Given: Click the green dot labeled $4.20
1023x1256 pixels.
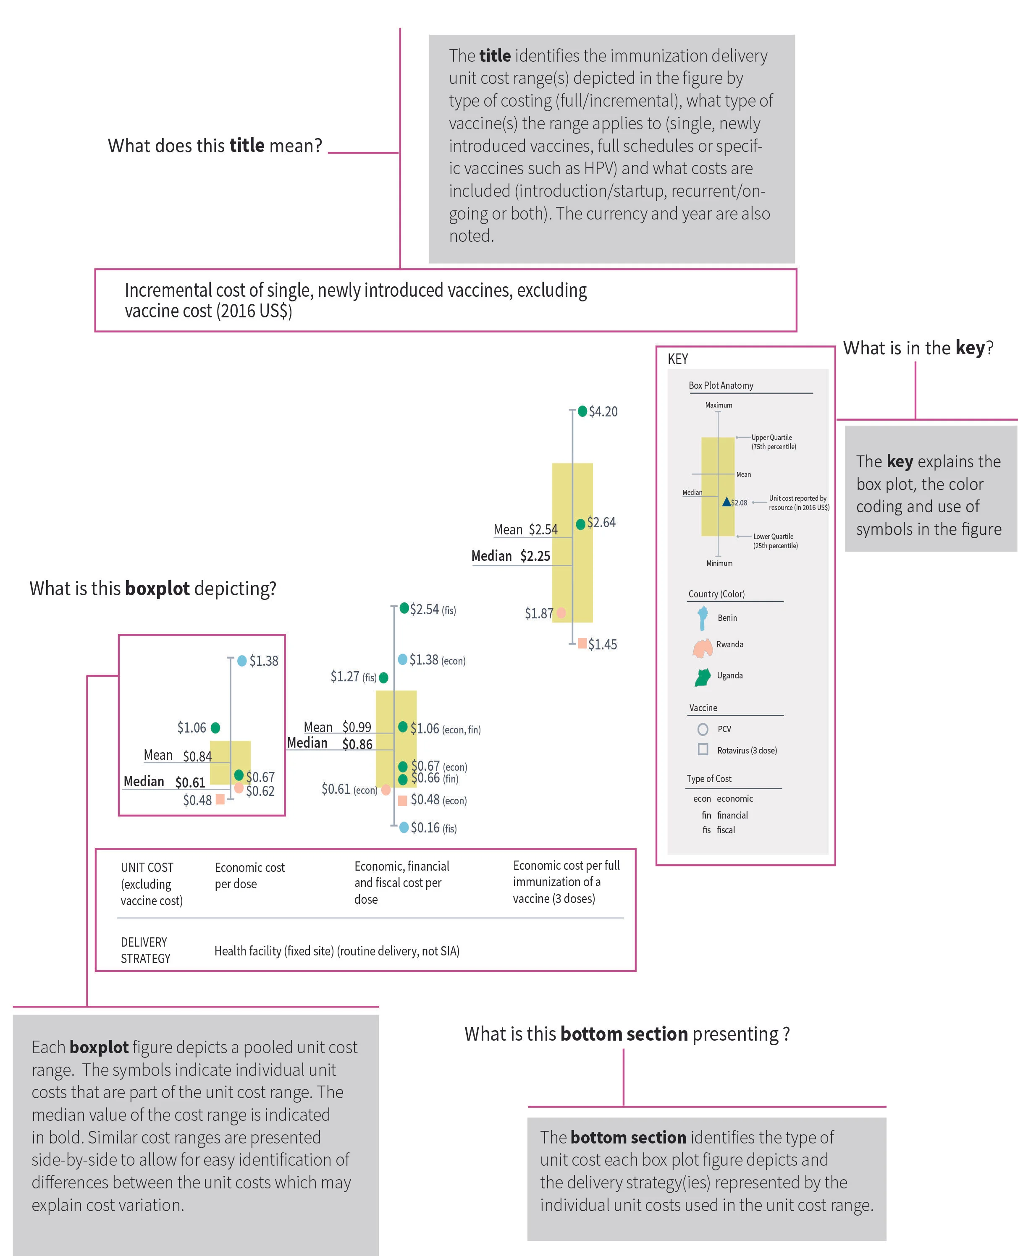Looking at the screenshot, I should click(582, 411).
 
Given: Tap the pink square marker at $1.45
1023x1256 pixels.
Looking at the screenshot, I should click(582, 643).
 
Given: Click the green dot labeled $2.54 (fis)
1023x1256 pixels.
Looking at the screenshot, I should click(404, 608).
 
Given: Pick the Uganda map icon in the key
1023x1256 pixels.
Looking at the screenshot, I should click(703, 678).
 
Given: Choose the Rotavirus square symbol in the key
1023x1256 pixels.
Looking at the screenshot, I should click(703, 749).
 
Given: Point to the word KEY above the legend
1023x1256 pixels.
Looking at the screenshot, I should click(678, 359).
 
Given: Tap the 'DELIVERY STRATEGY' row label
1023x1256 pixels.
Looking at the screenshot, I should click(145, 950).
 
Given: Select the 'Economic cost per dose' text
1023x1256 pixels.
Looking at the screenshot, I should click(249, 875).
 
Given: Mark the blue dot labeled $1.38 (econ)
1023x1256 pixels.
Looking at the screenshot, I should click(402, 659).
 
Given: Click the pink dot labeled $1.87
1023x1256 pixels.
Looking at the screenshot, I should click(561, 613).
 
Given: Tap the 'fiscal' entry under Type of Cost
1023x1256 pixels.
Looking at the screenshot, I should click(725, 830).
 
